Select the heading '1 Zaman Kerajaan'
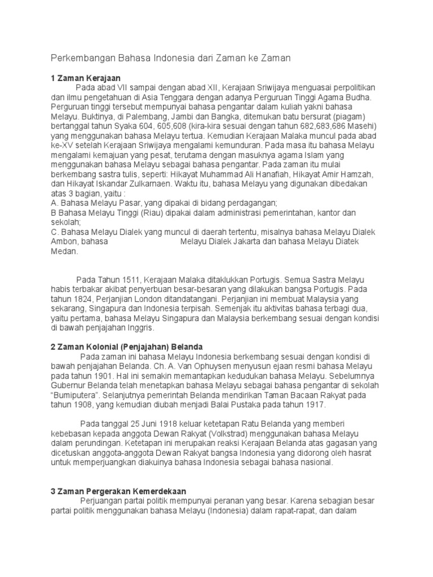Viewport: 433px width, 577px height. coord(86,78)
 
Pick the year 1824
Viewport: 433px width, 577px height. coord(86,298)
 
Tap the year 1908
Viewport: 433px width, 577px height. coord(82,405)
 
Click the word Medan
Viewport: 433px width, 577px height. coord(63,252)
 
